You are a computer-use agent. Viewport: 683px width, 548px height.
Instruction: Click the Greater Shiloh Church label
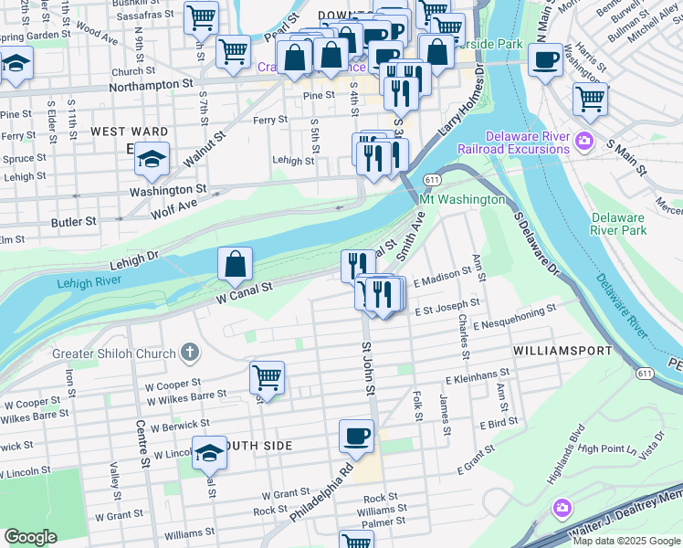pyautogui.click(x=105, y=353)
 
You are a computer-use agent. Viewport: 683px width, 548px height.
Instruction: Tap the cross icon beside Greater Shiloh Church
pyautogui.click(x=189, y=352)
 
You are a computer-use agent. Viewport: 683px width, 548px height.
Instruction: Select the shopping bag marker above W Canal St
pyautogui.click(x=235, y=265)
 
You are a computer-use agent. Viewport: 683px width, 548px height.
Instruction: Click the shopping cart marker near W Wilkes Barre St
pyautogui.click(x=267, y=376)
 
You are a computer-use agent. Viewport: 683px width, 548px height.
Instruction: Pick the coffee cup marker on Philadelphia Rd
pyautogui.click(x=356, y=435)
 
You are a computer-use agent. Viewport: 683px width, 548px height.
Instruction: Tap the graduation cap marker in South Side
pyautogui.click(x=209, y=453)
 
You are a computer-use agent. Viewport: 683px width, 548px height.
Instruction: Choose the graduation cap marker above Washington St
pyautogui.click(x=152, y=160)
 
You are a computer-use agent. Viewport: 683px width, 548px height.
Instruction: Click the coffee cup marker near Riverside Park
pyautogui.click(x=545, y=61)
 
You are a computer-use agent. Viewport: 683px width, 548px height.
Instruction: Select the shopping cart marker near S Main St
pyautogui.click(x=590, y=98)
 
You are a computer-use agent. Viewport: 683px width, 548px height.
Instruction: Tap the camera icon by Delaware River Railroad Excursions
pyautogui.click(x=583, y=142)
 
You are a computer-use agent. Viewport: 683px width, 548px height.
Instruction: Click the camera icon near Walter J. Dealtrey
pyautogui.click(x=562, y=507)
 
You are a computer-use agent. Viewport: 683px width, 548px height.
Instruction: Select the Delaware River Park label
pyautogui.click(x=617, y=224)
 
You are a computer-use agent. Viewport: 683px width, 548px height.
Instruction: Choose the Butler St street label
pyautogui.click(x=74, y=222)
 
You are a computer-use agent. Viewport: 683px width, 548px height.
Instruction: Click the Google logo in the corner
pyautogui.click(x=31, y=536)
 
